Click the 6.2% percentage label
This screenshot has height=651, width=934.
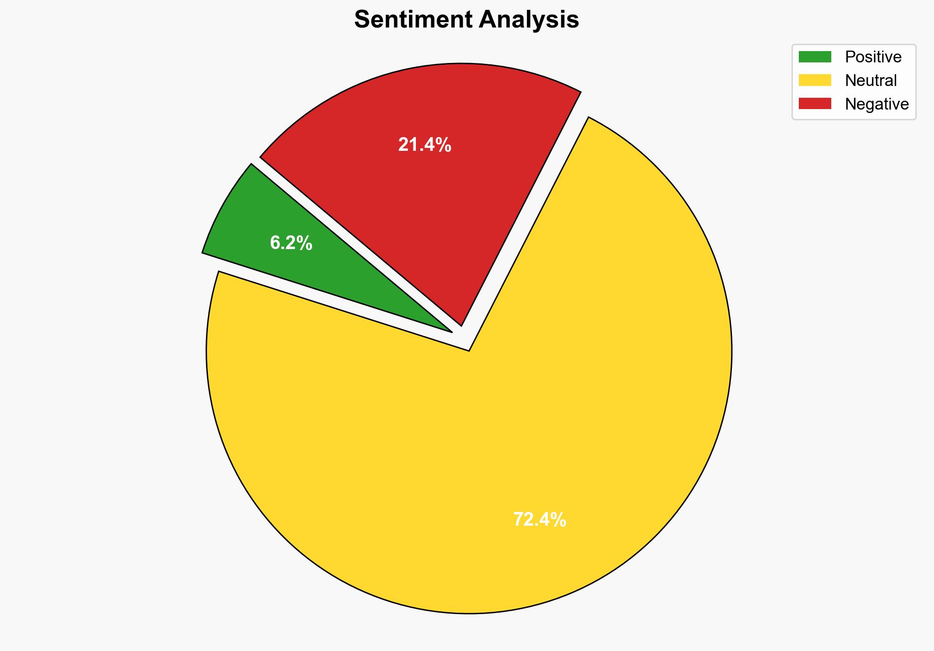coord(291,243)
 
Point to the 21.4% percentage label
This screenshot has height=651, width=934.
coord(425,145)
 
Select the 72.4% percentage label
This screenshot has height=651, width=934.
coord(539,519)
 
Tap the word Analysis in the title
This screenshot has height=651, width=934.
coord(529,20)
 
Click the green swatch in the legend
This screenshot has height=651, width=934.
coord(815,57)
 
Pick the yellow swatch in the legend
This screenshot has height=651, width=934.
coord(815,80)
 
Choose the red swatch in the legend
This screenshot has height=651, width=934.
coord(815,104)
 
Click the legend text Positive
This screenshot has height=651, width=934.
coord(873,57)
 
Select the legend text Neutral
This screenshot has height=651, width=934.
coord(871,80)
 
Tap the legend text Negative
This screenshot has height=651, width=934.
coord(876,104)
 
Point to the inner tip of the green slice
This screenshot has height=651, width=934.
coord(451,332)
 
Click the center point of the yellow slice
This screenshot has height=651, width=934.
coord(469,351)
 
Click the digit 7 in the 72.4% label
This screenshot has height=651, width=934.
coord(518,519)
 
